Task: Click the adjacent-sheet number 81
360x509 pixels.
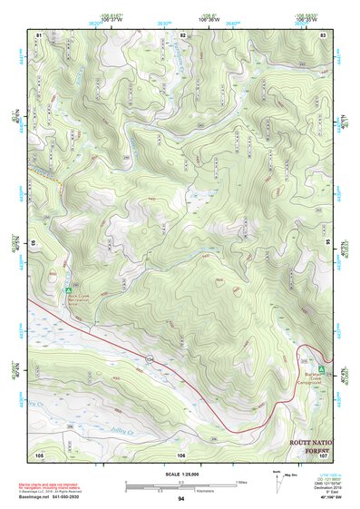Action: coord(39,34)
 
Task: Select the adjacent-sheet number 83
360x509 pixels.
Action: coord(324,34)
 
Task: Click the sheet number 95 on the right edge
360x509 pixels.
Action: coord(327,243)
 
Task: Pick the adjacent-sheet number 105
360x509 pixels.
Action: coord(39,454)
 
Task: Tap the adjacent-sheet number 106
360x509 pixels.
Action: coord(181,454)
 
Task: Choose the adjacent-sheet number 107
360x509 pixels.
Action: coord(324,454)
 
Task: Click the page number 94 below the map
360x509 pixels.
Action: coord(181,499)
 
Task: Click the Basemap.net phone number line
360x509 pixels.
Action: coord(61,496)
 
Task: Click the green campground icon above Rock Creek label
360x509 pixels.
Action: coord(69,291)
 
